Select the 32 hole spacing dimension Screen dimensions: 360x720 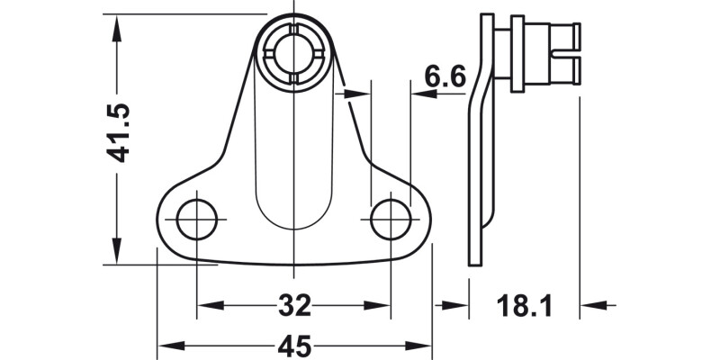click(x=293, y=306)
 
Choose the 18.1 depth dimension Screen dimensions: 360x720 click(x=524, y=306)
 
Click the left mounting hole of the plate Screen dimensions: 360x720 click(x=197, y=220)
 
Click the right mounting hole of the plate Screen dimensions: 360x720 click(x=391, y=220)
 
